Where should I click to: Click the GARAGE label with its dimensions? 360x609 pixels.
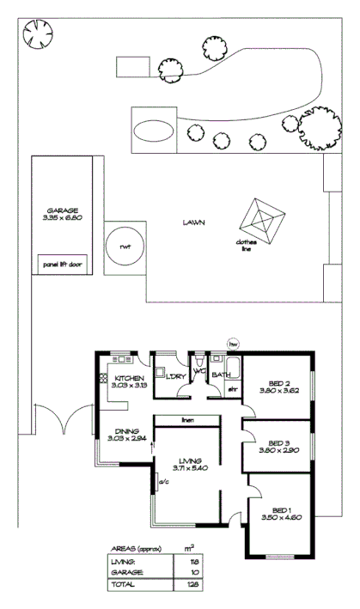64,214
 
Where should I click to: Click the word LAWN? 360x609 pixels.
193,222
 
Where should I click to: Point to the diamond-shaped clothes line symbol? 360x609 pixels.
263,221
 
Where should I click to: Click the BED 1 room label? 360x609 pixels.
276,508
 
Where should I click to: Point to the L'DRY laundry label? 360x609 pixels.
176,377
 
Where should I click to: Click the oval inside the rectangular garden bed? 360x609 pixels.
154,131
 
